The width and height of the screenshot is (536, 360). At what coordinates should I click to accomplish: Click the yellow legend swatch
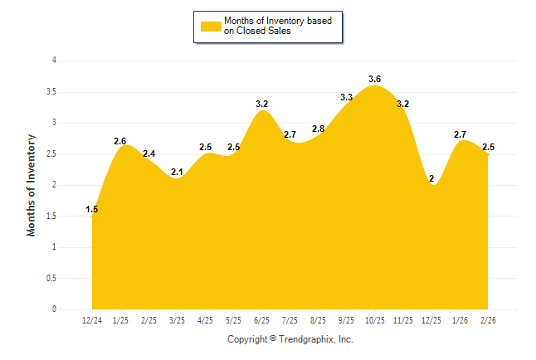(211, 26)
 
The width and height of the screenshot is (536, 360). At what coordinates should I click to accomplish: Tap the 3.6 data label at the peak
(375, 79)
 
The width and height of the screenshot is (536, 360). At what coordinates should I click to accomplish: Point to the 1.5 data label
(92, 210)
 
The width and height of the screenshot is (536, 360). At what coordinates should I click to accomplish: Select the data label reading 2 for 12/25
(431, 178)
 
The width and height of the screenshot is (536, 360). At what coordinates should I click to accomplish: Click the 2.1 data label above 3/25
(177, 172)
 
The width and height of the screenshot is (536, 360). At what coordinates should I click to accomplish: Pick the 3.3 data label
(347, 98)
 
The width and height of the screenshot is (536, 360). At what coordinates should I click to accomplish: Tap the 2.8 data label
(319, 129)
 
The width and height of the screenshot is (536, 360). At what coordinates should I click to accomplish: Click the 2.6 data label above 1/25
(120, 141)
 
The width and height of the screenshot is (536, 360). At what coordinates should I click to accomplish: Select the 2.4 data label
(149, 153)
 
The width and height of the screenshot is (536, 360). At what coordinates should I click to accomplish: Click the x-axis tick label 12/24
(92, 320)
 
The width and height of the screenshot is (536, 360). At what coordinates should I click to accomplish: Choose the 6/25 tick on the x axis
(262, 320)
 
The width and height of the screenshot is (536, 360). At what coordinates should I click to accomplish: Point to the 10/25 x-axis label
(375, 320)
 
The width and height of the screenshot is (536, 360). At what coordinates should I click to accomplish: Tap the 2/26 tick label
(488, 320)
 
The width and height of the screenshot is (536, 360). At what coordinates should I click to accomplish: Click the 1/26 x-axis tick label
(460, 320)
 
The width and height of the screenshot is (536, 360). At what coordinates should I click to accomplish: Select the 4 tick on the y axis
(54, 61)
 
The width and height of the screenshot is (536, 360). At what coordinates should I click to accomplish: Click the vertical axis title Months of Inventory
(32, 185)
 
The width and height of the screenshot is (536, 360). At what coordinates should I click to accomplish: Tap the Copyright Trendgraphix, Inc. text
(290, 339)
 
